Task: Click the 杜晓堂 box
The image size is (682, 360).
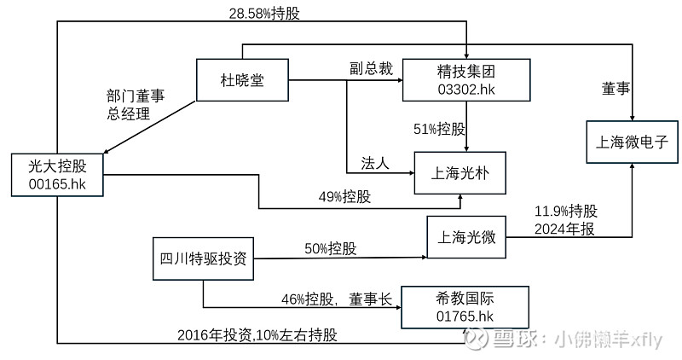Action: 242,80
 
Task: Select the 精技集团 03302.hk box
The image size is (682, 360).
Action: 466,80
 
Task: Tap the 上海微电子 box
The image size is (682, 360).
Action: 632,142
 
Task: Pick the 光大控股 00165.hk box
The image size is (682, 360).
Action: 57,175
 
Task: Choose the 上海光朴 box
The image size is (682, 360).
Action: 459,173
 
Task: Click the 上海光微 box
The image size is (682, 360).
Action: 466,237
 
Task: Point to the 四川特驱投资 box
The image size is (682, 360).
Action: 203,258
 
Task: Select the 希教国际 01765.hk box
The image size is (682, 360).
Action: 465,307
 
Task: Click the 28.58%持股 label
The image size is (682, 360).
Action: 264,13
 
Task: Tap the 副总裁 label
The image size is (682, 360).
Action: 371,69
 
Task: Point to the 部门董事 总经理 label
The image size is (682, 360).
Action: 136,104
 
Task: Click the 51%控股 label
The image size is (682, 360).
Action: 439,129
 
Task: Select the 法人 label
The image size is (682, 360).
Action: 374,164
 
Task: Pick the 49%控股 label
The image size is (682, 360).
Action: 344,197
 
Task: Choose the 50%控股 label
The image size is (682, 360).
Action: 331,248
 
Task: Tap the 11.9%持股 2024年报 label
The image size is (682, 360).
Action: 566,220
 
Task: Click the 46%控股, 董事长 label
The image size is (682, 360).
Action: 336,299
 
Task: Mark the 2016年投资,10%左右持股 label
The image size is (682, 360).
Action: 257,334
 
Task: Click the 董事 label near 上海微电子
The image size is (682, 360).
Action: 616,89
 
